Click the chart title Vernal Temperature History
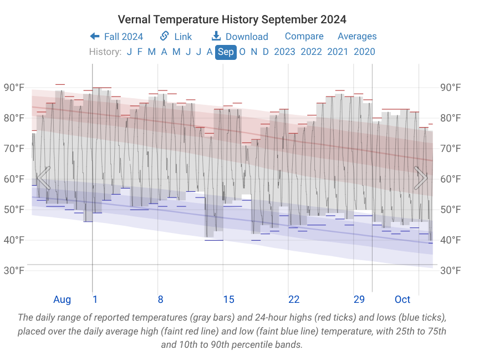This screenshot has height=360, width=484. [x=232, y=19]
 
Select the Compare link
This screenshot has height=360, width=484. [x=304, y=36]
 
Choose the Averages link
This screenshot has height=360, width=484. [x=357, y=36]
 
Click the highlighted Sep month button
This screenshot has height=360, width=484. [x=226, y=52]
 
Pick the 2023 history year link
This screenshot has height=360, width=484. [x=284, y=52]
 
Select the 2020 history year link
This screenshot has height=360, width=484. [x=364, y=52]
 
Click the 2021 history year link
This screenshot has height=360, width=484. [x=338, y=52]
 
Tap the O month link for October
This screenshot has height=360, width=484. [x=242, y=52]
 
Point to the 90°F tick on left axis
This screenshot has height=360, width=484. [x=14, y=88]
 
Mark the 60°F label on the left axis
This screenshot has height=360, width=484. [x=14, y=179]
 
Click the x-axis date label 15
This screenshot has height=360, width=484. [x=228, y=300]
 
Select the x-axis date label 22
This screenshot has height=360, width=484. [x=294, y=300]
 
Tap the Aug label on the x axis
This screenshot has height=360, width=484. [x=62, y=300]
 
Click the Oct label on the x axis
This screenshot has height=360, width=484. [x=403, y=300]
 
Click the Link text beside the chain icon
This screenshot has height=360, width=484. [x=183, y=37]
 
